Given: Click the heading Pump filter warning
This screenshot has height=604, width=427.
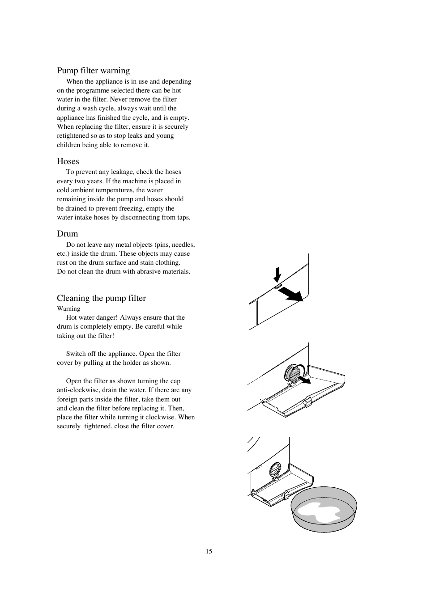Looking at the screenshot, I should click(93, 71).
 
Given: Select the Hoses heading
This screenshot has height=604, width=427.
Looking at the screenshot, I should click(68, 161).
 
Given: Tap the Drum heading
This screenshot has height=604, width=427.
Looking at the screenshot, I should click(67, 234).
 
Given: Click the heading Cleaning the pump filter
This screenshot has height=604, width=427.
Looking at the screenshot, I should click(101, 298).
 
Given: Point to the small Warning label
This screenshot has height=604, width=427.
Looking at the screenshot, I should click(68, 308).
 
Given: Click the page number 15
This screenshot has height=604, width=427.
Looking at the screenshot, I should click(209, 551).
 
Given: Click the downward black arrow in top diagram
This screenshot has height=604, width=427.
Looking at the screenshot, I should click(278, 274).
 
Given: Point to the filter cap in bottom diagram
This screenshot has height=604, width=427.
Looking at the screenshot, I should click(274, 469).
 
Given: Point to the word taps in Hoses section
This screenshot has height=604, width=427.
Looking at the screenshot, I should click(184, 217).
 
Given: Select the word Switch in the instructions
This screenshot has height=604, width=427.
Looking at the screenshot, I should click(76, 354).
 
